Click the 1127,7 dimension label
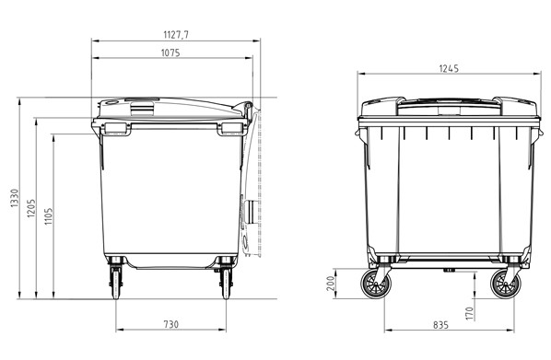pyautogui.click(x=176, y=35)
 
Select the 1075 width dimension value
pyautogui.click(x=170, y=52)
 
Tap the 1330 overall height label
pyautogui.click(x=14, y=198)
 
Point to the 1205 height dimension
pyautogui.click(x=31, y=208)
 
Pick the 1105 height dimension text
pyautogui.click(x=48, y=216)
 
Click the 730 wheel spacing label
pyautogui.click(x=171, y=324)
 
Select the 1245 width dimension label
pyautogui.click(x=449, y=68)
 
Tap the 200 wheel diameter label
pyautogui.click(x=330, y=283)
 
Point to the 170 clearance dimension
pyautogui.click(x=470, y=313)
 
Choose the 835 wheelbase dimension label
pyautogui.click(x=440, y=325)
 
